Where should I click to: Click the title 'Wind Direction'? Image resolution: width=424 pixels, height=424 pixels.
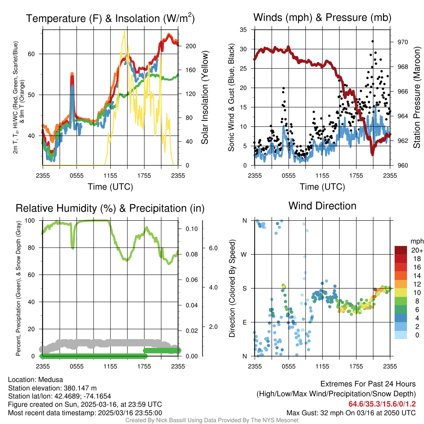click(x=322, y=206)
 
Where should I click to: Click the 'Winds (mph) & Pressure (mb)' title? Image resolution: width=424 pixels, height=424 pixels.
click(x=322, y=17)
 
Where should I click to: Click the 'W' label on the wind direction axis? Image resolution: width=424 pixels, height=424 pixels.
click(x=244, y=254)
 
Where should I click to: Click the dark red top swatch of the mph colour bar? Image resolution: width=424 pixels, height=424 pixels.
click(x=401, y=250)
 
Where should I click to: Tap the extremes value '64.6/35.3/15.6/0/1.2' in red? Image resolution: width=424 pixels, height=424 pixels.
click(x=383, y=404)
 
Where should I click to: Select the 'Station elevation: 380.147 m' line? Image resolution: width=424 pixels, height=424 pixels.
click(x=52, y=388)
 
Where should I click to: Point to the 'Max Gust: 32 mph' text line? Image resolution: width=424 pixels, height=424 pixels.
click(x=351, y=413)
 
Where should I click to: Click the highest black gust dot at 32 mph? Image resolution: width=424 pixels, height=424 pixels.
click(x=373, y=41)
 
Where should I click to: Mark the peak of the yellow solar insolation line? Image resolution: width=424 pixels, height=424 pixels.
click(x=124, y=31)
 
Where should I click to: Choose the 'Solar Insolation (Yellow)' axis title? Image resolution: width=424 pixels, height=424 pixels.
click(x=205, y=98)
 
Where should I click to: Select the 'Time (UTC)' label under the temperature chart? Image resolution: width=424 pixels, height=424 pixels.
click(x=110, y=187)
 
